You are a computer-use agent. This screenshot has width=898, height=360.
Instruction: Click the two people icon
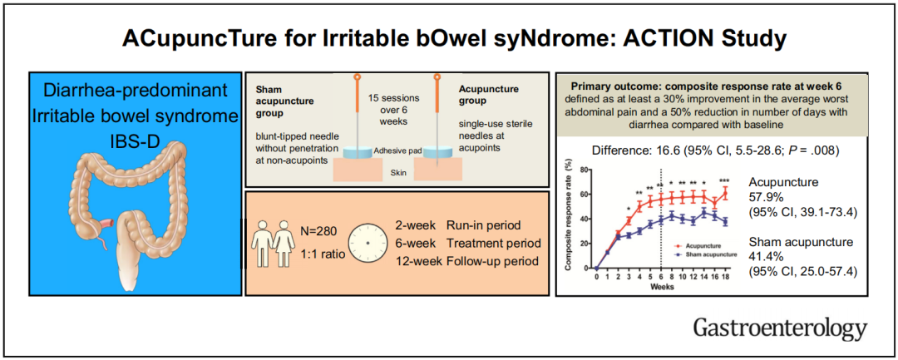(274, 241)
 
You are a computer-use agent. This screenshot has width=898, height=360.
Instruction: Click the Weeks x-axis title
(663, 285)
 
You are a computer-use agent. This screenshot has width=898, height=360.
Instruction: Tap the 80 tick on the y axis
(585, 170)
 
